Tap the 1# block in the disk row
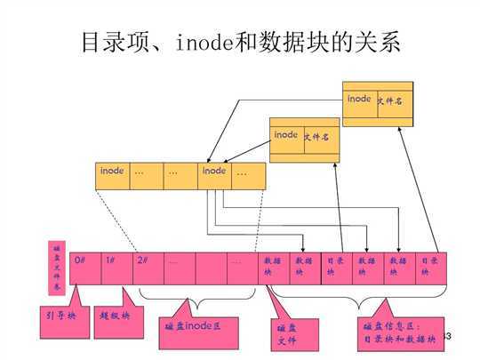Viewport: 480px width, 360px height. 116,268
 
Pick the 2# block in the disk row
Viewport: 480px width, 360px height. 148,268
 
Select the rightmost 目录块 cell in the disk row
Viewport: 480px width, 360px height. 429,268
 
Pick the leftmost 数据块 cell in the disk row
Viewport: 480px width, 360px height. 271,268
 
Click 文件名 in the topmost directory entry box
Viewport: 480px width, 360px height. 391,100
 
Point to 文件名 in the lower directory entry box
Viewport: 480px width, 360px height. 317,137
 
